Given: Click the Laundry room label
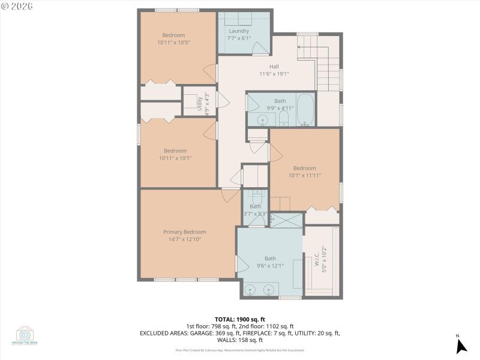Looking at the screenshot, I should [239, 31].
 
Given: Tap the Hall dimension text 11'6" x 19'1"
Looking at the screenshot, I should [274, 74].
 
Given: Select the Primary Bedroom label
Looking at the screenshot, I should [185, 232].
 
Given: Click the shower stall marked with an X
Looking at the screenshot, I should [287, 220].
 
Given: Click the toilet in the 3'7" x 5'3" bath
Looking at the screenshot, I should [257, 196].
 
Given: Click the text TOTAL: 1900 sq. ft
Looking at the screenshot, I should [240, 319].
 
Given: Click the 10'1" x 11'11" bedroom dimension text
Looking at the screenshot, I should [304, 176].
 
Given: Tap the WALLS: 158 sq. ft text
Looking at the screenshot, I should [240, 339].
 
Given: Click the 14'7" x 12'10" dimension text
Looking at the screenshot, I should [185, 239].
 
